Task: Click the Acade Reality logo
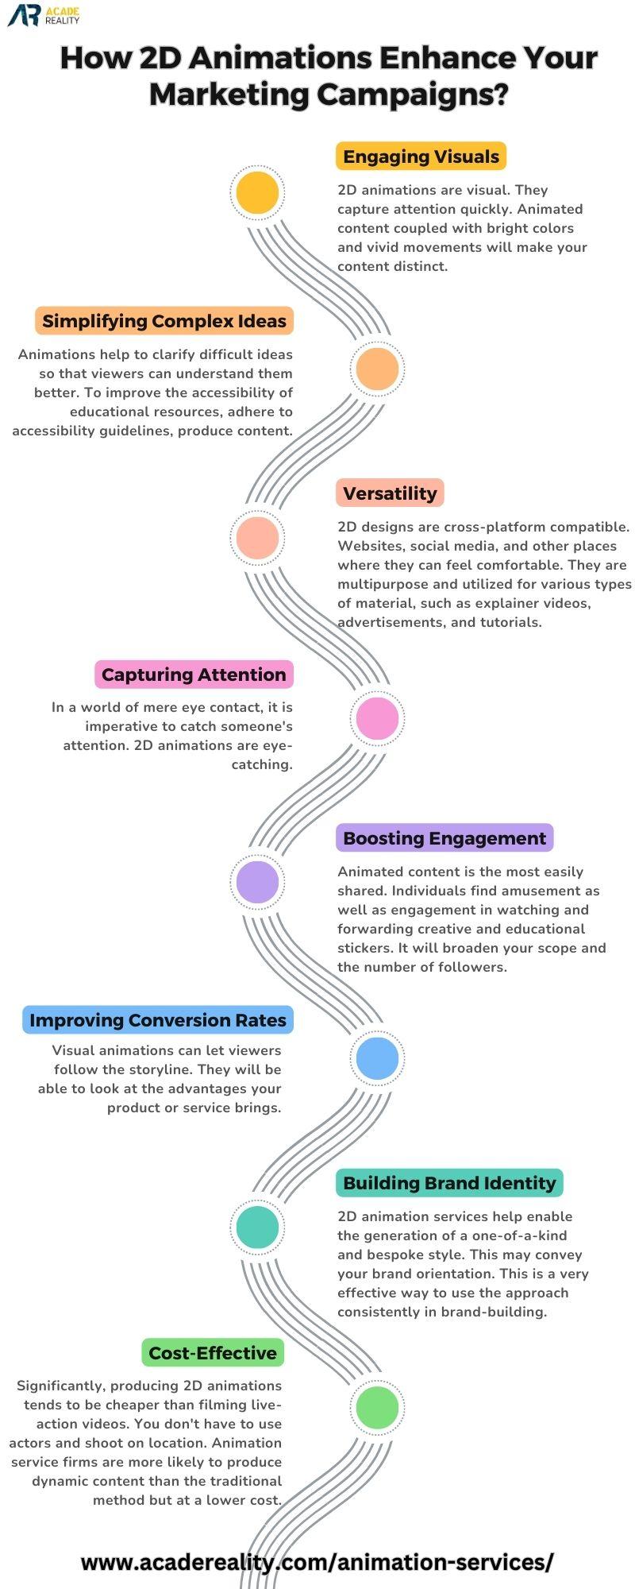[x=44, y=15]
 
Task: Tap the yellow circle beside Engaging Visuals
[x=258, y=192]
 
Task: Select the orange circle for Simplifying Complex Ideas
[x=377, y=369]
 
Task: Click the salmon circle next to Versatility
[x=258, y=538]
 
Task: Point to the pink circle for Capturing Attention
[x=377, y=717]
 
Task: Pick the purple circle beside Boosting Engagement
[x=258, y=882]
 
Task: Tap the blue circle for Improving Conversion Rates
[x=377, y=1057]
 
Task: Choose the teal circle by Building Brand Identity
[x=258, y=1227]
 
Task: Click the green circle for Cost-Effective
[x=377, y=1407]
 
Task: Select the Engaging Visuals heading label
[x=421, y=157]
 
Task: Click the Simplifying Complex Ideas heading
[x=164, y=321]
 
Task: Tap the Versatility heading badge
[x=390, y=493]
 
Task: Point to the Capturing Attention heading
[x=194, y=675]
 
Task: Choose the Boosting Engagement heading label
[x=444, y=838]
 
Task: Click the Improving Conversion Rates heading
[x=158, y=1020]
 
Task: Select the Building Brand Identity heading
[x=449, y=1183]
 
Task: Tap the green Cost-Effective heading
[x=213, y=1353]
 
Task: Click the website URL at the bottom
[x=317, y=1562]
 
